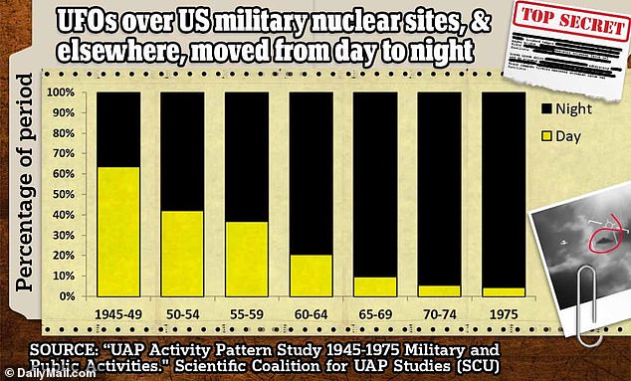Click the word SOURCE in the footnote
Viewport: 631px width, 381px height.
(x=61, y=351)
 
